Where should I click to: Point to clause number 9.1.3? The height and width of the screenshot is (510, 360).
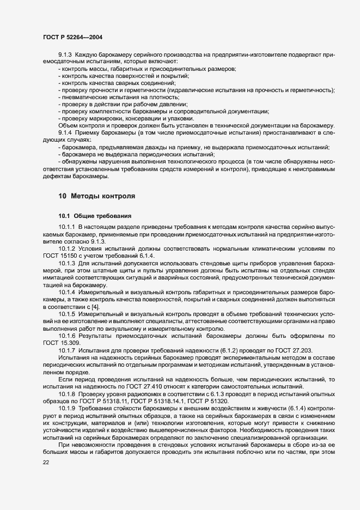pos(65,55)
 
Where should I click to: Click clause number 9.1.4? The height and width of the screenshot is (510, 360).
pos(65,133)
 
